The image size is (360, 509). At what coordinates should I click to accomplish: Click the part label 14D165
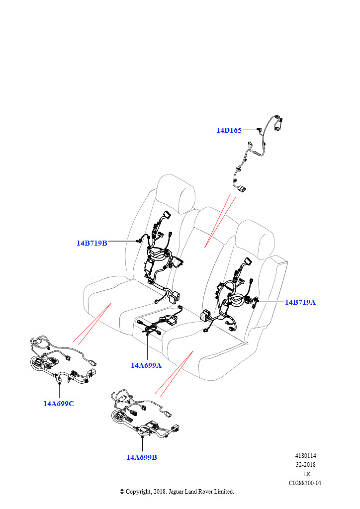click(229, 130)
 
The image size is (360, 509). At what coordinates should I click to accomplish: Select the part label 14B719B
click(92, 243)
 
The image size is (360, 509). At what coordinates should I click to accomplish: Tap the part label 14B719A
click(300, 302)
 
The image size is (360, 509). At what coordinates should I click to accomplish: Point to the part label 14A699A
click(146, 365)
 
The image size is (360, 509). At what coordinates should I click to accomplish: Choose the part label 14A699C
click(59, 403)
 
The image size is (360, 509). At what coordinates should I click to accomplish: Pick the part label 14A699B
click(142, 457)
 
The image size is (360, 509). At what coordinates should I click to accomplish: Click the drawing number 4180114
click(306, 456)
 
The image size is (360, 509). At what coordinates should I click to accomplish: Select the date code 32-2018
click(306, 465)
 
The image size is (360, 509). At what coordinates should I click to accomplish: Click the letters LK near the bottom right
click(307, 474)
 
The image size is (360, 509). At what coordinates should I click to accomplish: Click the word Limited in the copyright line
click(223, 491)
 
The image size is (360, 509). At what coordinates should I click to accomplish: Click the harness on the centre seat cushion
click(159, 323)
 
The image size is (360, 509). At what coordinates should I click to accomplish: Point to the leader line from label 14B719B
click(122, 241)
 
